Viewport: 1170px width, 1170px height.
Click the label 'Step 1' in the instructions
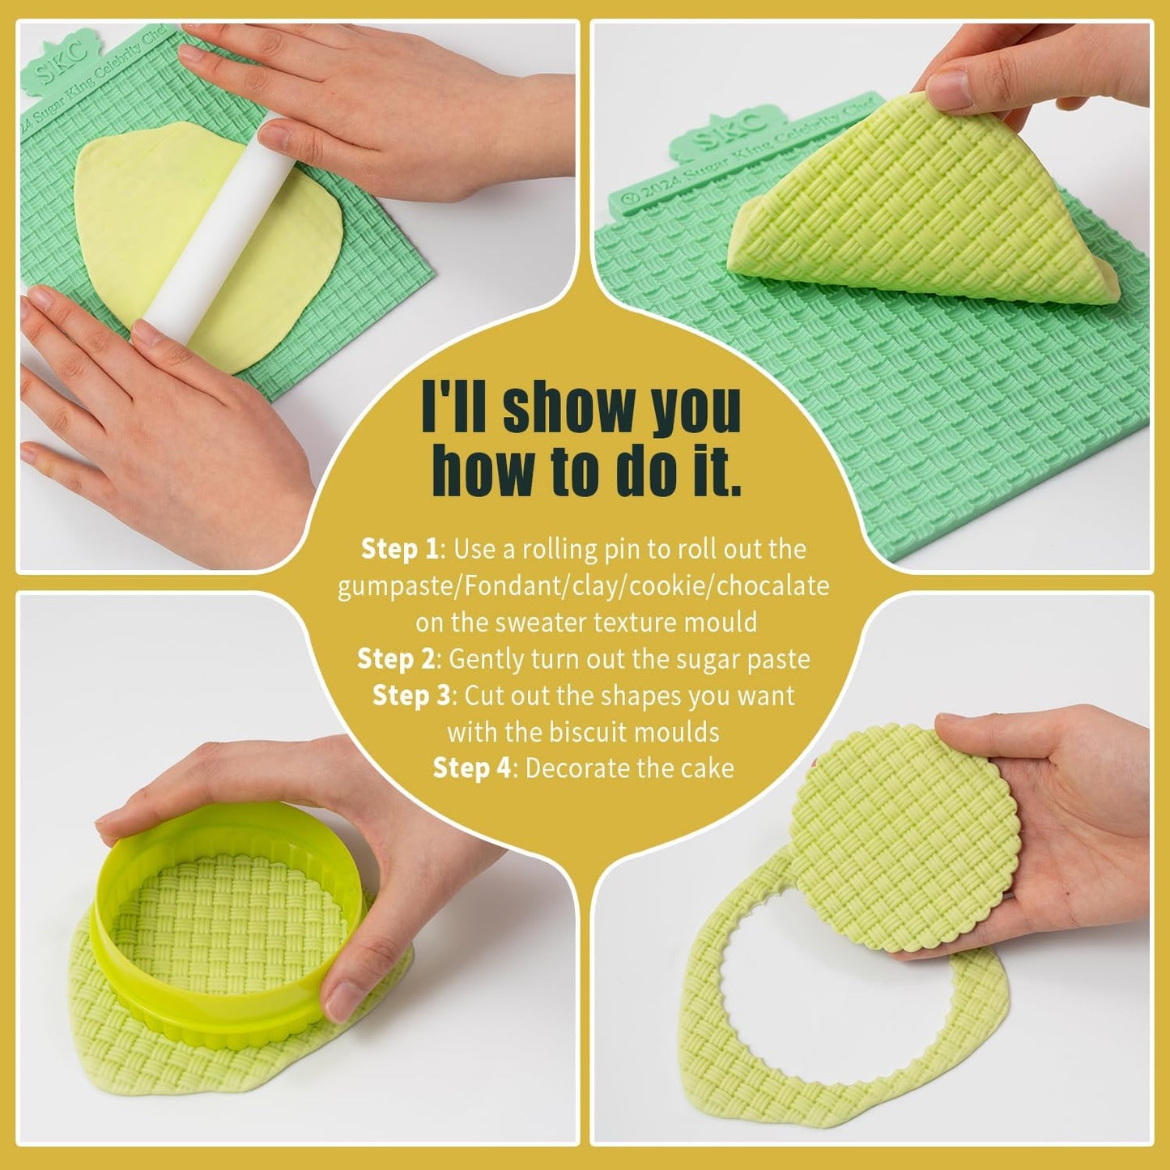pos(399,549)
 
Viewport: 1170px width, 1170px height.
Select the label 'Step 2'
pos(396,659)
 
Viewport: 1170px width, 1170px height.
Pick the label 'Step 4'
pos(472,768)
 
